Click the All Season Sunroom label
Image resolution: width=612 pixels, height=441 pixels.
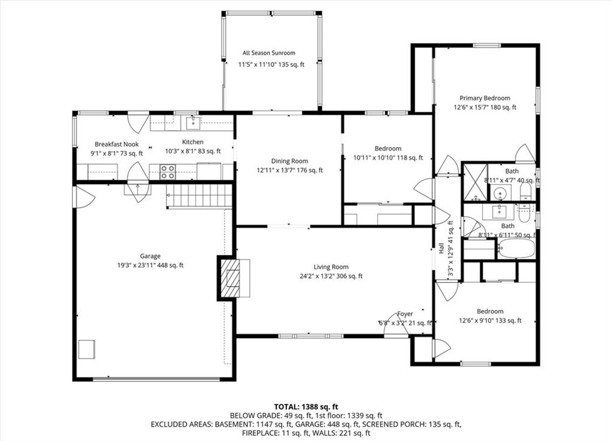pyautogui.click(x=269, y=53)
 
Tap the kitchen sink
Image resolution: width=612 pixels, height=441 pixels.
pyautogui.click(x=193, y=123)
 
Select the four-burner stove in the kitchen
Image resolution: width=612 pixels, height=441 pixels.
pyautogui.click(x=168, y=172)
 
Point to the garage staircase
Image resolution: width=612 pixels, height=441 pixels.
pyautogui.click(x=200, y=195)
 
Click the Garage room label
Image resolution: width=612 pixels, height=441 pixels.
pyautogui.click(x=150, y=256)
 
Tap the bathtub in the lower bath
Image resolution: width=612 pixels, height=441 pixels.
pyautogui.click(x=516, y=249)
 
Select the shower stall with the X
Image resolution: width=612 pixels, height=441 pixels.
pyautogui.click(x=475, y=182)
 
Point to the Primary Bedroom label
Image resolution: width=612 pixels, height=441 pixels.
pyautogui.click(x=485, y=99)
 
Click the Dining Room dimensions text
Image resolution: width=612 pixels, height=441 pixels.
pyautogui.click(x=290, y=170)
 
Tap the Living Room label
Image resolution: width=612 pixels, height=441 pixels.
pyautogui.click(x=331, y=267)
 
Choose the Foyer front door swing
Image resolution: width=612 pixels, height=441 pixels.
pyautogui.click(x=396, y=324)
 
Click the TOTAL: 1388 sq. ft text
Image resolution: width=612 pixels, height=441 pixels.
pyautogui.click(x=306, y=407)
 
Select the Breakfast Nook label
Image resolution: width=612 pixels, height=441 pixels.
pyautogui.click(x=117, y=145)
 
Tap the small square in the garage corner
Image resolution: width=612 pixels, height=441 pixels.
pyautogui.click(x=87, y=350)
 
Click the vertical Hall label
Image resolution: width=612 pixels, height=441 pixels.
pyautogui.click(x=442, y=248)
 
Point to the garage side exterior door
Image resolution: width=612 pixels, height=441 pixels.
pyautogui.click(x=85, y=197)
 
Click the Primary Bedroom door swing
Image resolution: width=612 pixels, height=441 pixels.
pyautogui.click(x=525, y=154)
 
